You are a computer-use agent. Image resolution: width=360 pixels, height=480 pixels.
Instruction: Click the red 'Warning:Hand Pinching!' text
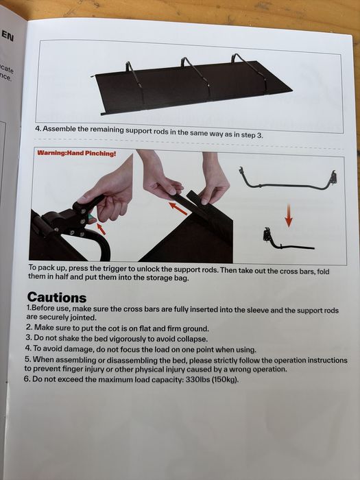77,153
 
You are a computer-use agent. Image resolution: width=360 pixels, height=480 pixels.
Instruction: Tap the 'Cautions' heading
57,297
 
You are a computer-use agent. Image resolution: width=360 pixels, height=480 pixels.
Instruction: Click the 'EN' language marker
8,36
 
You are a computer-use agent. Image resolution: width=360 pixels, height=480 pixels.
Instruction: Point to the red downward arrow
289,216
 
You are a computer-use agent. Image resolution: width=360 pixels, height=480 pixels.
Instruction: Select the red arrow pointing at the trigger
101,229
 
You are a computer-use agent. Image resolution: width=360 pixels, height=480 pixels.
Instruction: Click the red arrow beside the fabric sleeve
178,208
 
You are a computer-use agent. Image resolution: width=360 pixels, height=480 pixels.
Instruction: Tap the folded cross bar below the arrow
288,240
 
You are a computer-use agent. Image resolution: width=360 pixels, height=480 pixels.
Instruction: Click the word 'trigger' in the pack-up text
115,269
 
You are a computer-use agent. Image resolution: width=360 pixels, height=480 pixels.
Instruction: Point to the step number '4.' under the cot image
38,129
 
